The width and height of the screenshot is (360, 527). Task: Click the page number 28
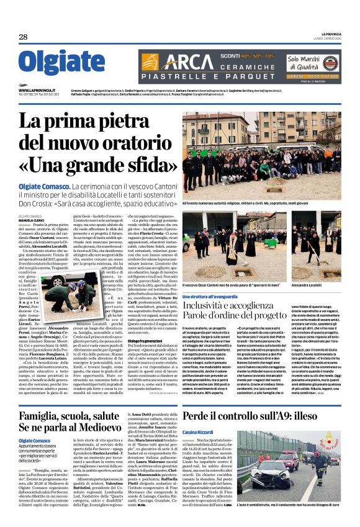pos(23,37)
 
